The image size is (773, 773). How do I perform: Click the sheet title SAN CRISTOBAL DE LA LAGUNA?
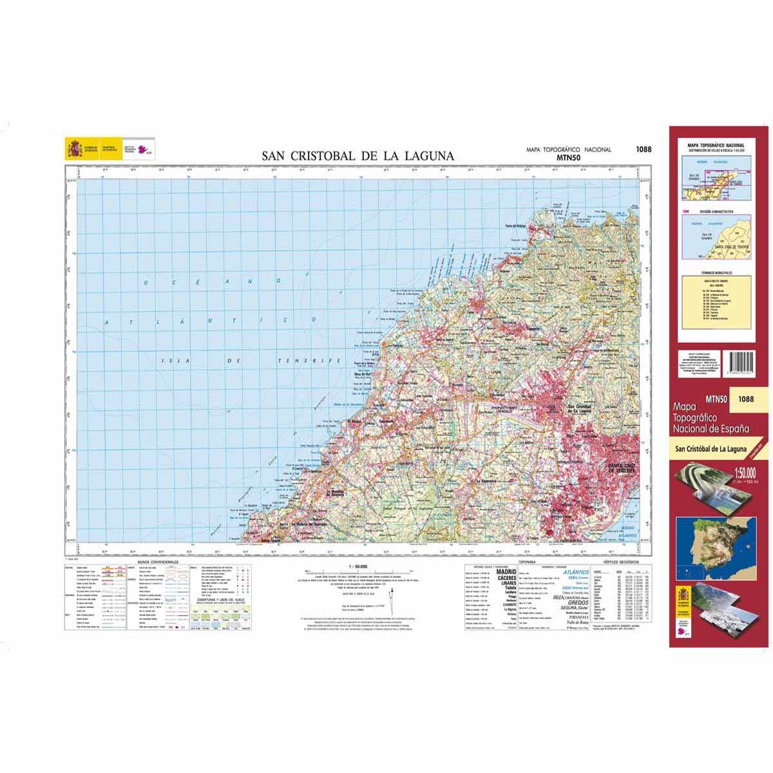358,156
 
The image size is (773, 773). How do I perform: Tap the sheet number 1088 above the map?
643,149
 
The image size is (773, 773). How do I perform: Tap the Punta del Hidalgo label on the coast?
515,226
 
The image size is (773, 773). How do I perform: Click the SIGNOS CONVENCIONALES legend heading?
157,562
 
